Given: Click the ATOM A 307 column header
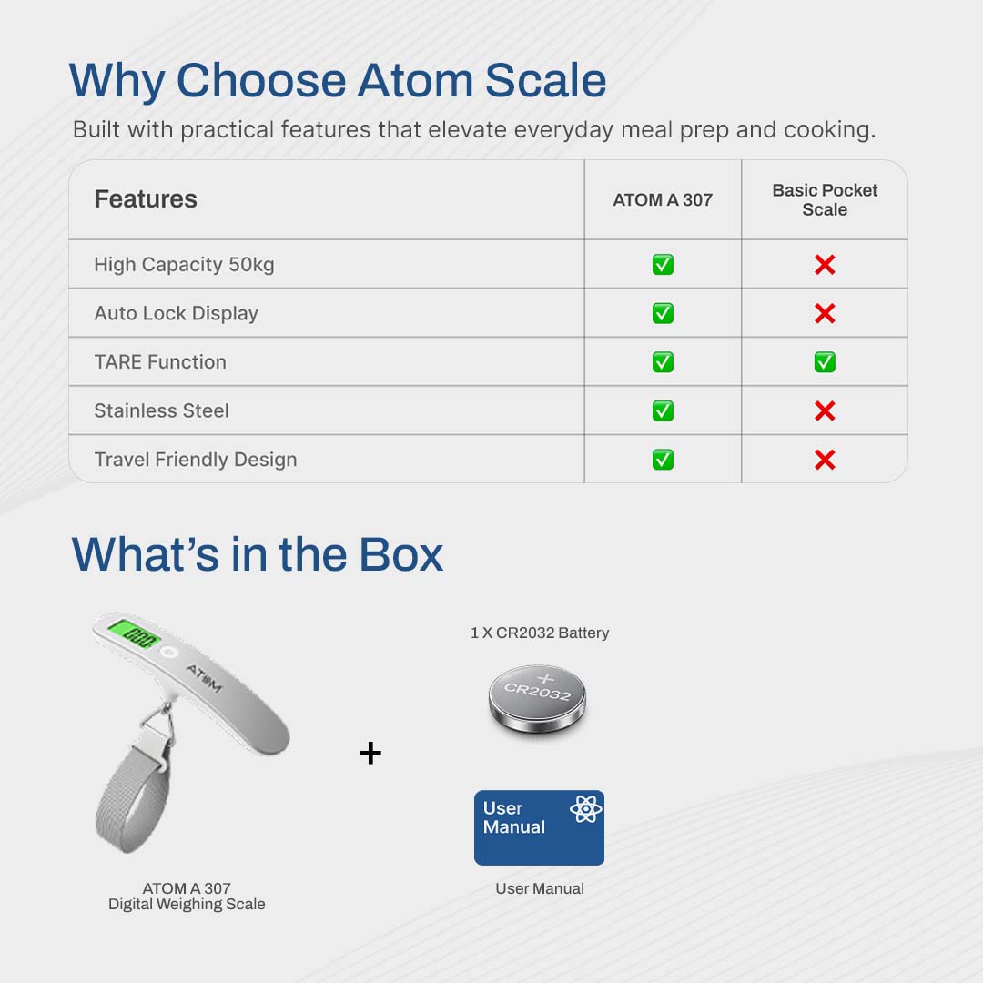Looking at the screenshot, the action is pos(663,200).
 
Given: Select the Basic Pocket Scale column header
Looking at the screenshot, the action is pos(825,200).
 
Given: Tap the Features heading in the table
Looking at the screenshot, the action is pos(146,199).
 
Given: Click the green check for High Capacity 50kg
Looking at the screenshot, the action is pos(663,265).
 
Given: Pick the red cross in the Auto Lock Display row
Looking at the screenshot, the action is pos(825,313).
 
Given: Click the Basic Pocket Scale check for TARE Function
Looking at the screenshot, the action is pos(825,362).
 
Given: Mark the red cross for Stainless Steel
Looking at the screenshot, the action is pos(825,411).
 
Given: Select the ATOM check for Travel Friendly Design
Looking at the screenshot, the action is pos(663,461).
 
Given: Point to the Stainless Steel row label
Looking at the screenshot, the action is pos(162,410).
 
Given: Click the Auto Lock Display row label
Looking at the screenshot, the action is pos(177,313).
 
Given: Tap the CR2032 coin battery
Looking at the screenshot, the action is pos(537,698).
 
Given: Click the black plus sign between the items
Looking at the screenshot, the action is pos(370,753).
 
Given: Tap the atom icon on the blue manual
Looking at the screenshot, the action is pos(585,809).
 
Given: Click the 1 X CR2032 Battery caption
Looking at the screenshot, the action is pos(540,633).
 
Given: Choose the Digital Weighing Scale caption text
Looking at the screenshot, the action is pos(187,904).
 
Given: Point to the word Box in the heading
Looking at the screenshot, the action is pos(401,554).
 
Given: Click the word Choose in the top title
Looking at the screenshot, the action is pos(261,80).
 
